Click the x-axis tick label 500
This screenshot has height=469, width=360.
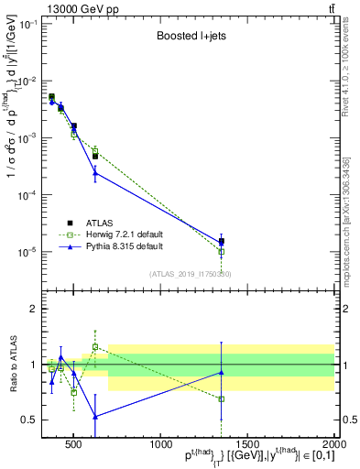(x=73, y=445)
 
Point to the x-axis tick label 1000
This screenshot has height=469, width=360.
(x=160, y=445)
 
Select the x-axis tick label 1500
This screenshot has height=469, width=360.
(x=247, y=445)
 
